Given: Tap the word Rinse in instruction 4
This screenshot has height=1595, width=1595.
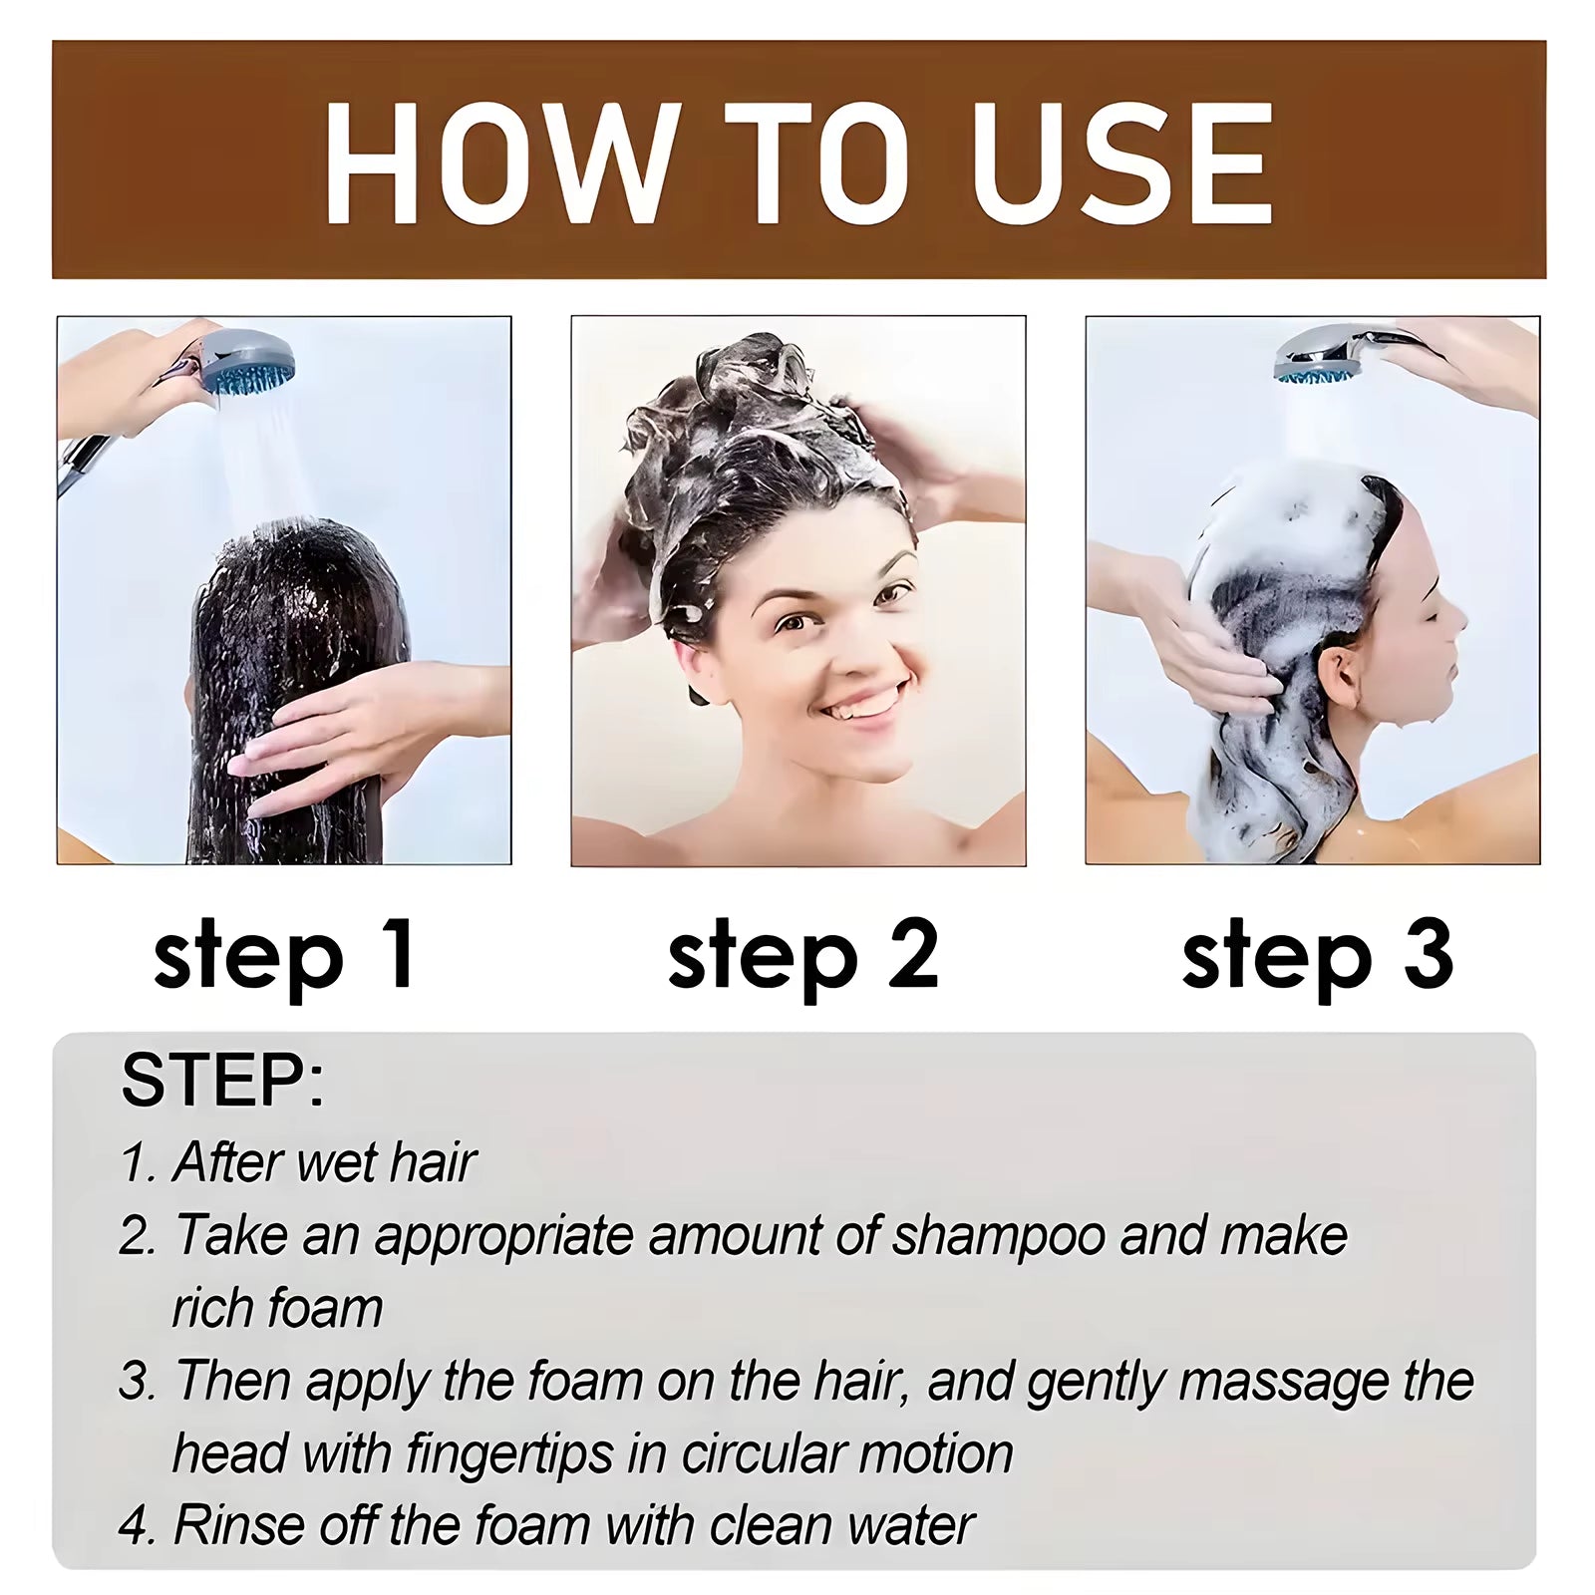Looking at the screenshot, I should click(x=237, y=1526).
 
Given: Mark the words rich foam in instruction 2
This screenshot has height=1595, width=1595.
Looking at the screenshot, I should click(x=277, y=1309).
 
